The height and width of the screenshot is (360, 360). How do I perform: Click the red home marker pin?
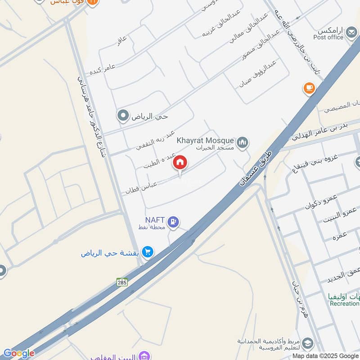[x=180, y=163]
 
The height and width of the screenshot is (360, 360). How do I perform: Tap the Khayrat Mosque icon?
[x=243, y=143]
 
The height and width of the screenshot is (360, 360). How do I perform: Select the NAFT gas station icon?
[x=174, y=221]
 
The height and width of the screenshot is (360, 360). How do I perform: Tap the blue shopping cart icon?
[x=147, y=252]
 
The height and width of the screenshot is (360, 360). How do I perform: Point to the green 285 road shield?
[x=122, y=282]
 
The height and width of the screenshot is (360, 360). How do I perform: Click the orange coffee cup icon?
[x=309, y=89]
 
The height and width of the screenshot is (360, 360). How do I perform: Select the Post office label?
[x=328, y=37]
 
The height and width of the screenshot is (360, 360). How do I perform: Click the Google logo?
[x=18, y=353]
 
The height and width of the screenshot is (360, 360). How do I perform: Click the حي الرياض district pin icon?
[x=122, y=116]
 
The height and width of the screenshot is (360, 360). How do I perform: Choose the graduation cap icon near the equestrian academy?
[x=308, y=343]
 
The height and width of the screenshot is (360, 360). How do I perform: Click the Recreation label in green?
[x=344, y=304]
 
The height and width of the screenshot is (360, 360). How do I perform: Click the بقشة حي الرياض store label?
[x=110, y=253]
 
